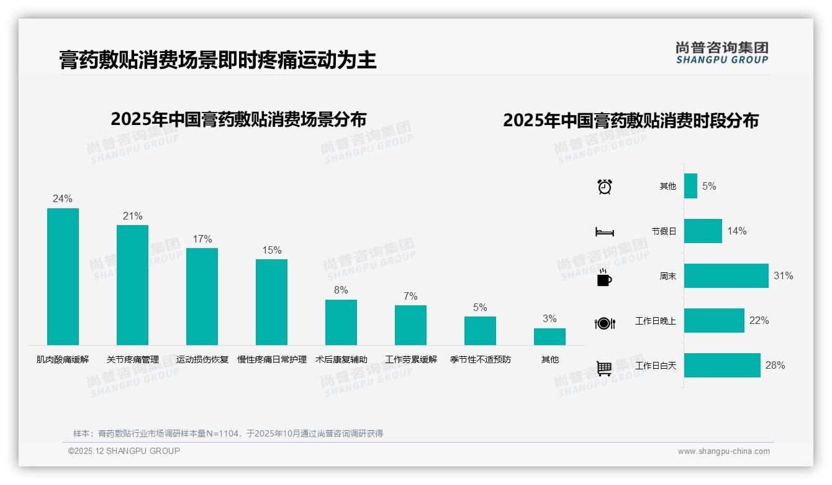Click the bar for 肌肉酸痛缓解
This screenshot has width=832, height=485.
point(63,277)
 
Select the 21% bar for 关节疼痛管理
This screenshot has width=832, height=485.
point(133,285)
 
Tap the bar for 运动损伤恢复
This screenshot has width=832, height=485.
point(202,297)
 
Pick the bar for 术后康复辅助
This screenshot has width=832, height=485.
point(341,322)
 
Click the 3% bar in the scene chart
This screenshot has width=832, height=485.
point(549,336)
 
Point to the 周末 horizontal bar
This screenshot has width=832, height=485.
point(726,275)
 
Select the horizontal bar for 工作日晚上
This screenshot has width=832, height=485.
point(714,321)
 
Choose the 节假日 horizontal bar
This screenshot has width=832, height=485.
point(703,231)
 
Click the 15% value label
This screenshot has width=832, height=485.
point(272,251)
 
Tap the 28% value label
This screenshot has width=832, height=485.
point(775,366)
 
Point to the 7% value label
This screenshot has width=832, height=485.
point(410,297)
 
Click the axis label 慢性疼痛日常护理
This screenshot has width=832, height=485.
point(272,359)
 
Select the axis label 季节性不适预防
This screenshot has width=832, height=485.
point(481,359)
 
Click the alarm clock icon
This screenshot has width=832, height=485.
point(605,187)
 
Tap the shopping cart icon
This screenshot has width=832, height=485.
point(604,368)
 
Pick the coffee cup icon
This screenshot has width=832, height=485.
point(604,278)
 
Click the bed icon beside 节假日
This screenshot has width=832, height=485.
point(605,232)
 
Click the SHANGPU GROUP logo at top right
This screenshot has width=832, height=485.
point(721,53)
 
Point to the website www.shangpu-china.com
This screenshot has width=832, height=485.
point(723,451)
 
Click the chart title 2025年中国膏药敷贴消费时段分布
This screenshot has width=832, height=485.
point(631,121)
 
